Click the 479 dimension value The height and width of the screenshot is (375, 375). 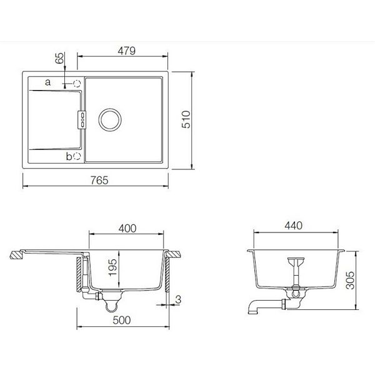point(122,50)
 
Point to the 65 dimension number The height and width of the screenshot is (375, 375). point(59,60)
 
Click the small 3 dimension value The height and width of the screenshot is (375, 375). point(178,300)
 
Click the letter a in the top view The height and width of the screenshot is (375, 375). point(46,82)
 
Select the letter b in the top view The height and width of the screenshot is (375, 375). point(69,157)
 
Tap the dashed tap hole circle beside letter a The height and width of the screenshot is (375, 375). point(77,82)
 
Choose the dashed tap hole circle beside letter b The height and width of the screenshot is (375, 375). point(77,157)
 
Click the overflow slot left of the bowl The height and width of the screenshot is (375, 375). point(80,119)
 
